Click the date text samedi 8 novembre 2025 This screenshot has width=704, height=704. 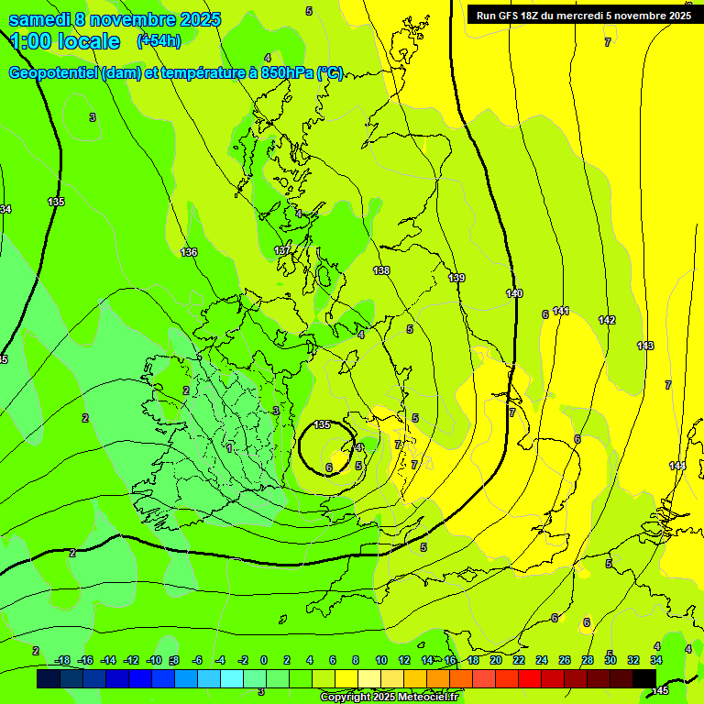coord(115,19)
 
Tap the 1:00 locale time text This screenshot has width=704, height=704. coord(64,41)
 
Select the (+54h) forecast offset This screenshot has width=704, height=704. coord(159,41)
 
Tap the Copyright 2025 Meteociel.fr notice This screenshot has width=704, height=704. coord(389,697)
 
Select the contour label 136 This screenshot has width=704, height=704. coord(189,252)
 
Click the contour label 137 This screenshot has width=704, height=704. coord(282,250)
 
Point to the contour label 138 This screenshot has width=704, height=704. coord(381,270)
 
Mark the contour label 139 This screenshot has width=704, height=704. coord(456,278)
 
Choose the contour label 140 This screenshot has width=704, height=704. coord(514,293)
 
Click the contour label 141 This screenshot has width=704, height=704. coord(561,312)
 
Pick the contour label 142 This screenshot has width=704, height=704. coord(607,320)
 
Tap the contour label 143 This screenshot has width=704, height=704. coord(645,346)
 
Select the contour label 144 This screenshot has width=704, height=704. coord(676,467)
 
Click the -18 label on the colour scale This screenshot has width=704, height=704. coord(62,661)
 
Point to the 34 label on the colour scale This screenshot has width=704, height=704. coord(656,661)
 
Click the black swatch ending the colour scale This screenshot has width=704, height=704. coord(644,678)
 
